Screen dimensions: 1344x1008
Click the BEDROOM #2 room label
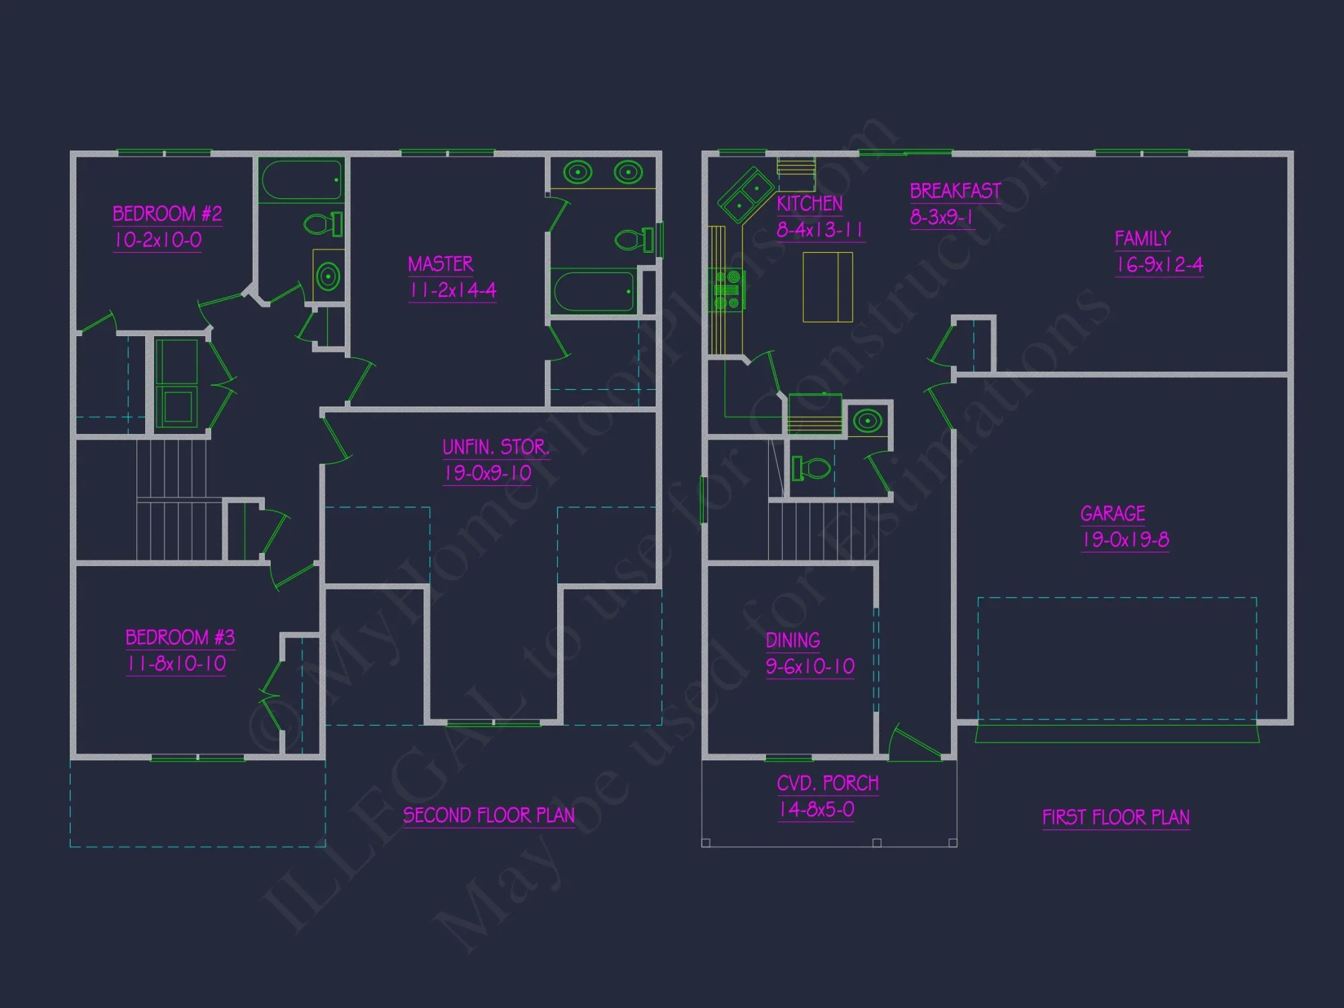167,214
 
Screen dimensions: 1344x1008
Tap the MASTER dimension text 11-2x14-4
452,290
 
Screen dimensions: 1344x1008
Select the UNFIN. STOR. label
495,447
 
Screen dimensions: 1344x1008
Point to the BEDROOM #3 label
180,637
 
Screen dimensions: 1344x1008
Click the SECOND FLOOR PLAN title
489,815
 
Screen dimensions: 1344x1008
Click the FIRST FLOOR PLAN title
1116,817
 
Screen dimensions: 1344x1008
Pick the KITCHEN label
809,204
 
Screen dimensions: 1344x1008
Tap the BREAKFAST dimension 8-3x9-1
941,217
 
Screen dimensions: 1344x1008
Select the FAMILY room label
1142,239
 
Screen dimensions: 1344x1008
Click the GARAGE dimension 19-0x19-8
1125,540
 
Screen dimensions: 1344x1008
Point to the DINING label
793,640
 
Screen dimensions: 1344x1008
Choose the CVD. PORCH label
827,784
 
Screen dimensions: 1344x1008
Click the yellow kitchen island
827,287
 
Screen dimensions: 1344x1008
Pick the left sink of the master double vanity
577,172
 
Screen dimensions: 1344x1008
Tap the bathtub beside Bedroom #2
300,179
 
